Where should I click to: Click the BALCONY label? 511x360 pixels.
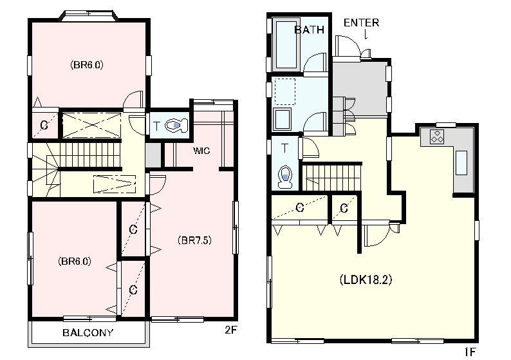tap(88, 332)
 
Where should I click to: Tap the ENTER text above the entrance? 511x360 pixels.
tap(362, 23)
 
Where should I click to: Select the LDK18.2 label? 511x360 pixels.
tap(366, 279)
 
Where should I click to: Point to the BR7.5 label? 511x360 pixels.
tap(194, 240)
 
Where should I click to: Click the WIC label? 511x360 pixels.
tap(201, 151)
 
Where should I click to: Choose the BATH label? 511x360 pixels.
tap(310, 30)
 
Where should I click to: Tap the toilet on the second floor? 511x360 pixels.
tap(176, 126)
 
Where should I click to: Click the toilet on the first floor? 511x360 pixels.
tap(285, 177)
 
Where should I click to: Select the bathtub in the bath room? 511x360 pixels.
tap(286, 45)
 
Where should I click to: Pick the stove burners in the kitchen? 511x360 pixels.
tap(437, 137)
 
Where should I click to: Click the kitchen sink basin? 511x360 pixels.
tap(461, 163)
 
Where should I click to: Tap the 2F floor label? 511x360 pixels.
tap(230, 330)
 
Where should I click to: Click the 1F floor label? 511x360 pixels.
tap(470, 352)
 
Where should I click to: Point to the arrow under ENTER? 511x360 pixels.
tap(366, 34)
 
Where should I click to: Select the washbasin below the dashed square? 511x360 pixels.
tap(283, 119)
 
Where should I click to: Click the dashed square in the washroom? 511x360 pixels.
tap(285, 91)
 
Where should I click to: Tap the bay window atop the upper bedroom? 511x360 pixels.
tap(89, 15)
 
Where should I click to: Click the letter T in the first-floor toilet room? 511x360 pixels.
tap(284, 148)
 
